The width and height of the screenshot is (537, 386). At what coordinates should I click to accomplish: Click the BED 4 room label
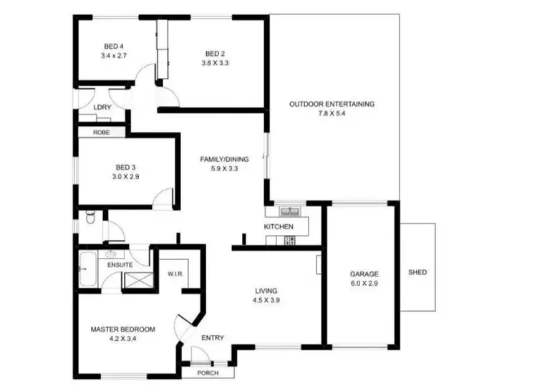113,46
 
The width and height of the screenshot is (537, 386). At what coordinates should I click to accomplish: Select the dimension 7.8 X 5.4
332,114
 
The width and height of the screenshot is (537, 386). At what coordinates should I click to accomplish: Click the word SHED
417,273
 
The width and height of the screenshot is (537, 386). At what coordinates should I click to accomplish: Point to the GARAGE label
364,274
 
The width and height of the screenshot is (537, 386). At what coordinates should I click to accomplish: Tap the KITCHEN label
279,227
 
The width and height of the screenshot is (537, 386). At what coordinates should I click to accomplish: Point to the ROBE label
101,132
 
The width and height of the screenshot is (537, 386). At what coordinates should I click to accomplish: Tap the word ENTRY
212,338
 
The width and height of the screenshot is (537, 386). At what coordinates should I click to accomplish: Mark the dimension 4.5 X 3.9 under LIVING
266,301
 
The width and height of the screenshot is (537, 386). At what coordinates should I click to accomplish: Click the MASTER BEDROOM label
122,329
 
